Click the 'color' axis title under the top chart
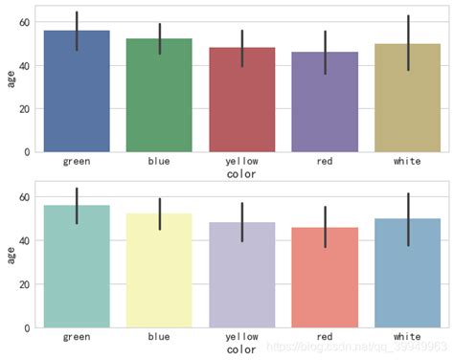pos(241,174)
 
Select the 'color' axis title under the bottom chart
pos(241,350)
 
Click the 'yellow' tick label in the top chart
pos(241,161)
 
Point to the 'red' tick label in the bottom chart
pos(325,337)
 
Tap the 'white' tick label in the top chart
pos(407,161)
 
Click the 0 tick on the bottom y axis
pos(28,327)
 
